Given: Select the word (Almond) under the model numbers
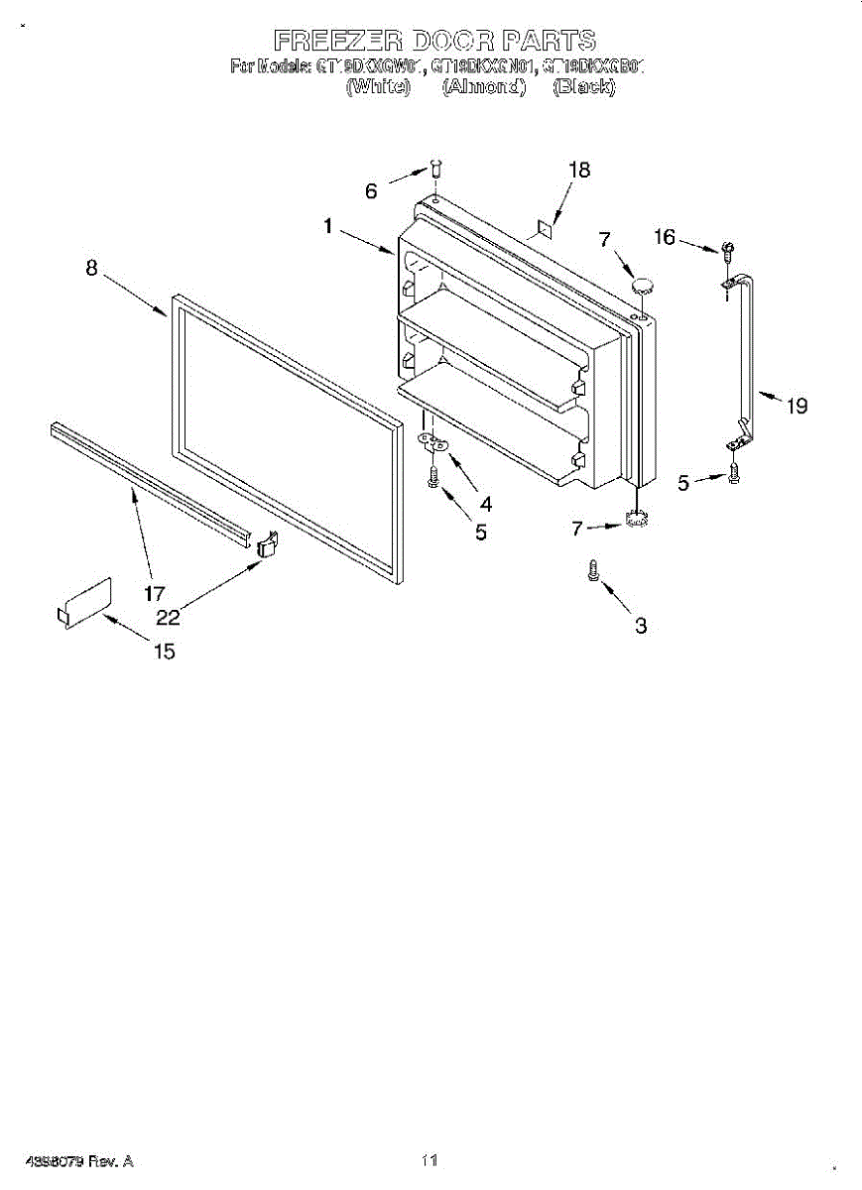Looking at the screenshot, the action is [483, 86].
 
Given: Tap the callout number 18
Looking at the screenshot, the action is [579, 170].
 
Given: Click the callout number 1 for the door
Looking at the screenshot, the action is [327, 226].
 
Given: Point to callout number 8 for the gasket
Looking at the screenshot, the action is [91, 268].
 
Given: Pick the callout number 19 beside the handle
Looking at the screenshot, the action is [797, 406].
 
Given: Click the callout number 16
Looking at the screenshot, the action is [665, 237].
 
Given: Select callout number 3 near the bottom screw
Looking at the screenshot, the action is [641, 626].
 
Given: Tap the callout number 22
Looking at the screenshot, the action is [168, 617].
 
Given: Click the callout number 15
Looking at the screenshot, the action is [164, 652].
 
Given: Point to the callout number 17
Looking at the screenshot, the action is [154, 595].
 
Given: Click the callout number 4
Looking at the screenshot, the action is [485, 504].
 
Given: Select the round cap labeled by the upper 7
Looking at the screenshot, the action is [644, 286].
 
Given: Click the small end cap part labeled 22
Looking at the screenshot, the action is [266, 543].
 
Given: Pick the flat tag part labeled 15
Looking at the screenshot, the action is [85, 602].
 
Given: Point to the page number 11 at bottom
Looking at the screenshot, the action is [430, 1159].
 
